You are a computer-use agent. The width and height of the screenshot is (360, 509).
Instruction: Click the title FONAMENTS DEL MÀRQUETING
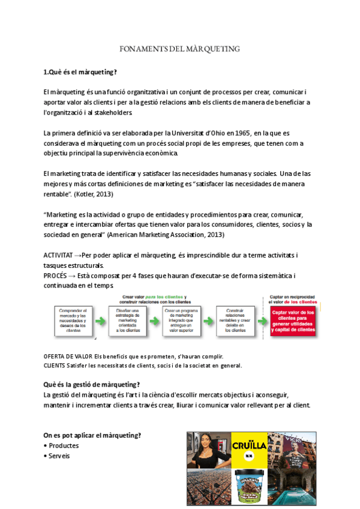(x=180, y=49)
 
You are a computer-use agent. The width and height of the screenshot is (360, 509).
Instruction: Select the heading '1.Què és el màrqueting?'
(x=80, y=73)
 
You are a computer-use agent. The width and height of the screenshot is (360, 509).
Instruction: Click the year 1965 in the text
(x=240, y=132)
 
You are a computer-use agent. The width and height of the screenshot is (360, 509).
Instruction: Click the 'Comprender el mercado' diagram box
(x=74, y=320)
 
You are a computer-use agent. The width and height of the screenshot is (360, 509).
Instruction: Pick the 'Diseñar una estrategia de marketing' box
(x=125, y=320)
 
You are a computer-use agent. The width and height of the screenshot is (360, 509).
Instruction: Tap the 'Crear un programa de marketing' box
(x=178, y=320)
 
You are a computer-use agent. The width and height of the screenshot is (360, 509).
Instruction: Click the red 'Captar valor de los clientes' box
(x=293, y=321)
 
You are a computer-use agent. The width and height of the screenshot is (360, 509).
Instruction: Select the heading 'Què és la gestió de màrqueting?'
(x=92, y=384)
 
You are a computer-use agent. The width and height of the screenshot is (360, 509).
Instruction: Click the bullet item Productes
(x=64, y=446)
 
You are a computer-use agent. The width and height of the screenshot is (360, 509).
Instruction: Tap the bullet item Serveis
(x=59, y=456)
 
